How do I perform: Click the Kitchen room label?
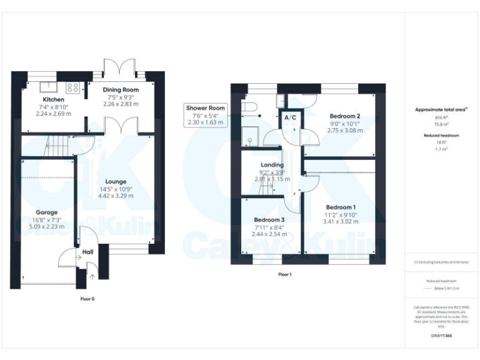pyautogui.click(x=53, y=100)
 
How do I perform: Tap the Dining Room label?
pyautogui.click(x=121, y=90)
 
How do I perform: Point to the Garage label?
pyautogui.click(x=46, y=212)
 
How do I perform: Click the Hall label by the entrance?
pyautogui.click(x=87, y=252)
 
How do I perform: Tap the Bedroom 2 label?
pyautogui.click(x=345, y=116)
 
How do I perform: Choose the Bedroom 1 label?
pyautogui.click(x=341, y=207)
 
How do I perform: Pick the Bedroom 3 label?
pyautogui.click(x=269, y=220)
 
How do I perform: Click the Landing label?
pyautogui.click(x=272, y=165)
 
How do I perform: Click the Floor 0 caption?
pyautogui.click(x=87, y=299)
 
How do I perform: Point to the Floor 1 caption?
pyautogui.click(x=285, y=274)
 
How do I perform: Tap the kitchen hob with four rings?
pyautogui.click(x=73, y=87)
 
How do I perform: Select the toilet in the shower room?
pyautogui.click(x=251, y=107)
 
